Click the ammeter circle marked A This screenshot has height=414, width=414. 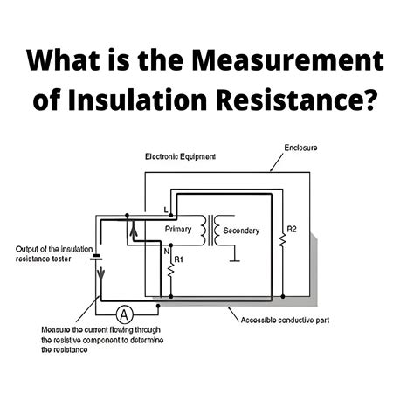coord(124,314)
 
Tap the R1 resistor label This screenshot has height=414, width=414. coord(178,259)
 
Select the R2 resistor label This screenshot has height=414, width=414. coord(292,230)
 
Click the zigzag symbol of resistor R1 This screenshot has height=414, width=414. coord(171,271)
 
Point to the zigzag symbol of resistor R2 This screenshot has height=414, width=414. coord(282,240)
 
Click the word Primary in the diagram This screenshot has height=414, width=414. coord(178,230)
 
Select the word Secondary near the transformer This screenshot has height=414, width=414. coord(241,231)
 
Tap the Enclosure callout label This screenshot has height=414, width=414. coord(300,148)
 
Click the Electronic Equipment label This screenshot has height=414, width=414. coord(181,157)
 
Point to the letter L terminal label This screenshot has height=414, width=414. coord(166,210)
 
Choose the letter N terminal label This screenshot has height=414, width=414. coord(166,252)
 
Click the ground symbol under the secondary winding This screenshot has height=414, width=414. coord(234,260)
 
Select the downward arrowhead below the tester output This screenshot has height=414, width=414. coord(100,273)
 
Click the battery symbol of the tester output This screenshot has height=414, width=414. coord(95,257)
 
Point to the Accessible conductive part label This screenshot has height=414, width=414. coord(285,321)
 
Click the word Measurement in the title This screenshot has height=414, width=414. coord(288,60)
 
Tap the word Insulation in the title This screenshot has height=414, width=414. coord(137,100)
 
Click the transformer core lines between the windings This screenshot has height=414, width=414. coord(210,231)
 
